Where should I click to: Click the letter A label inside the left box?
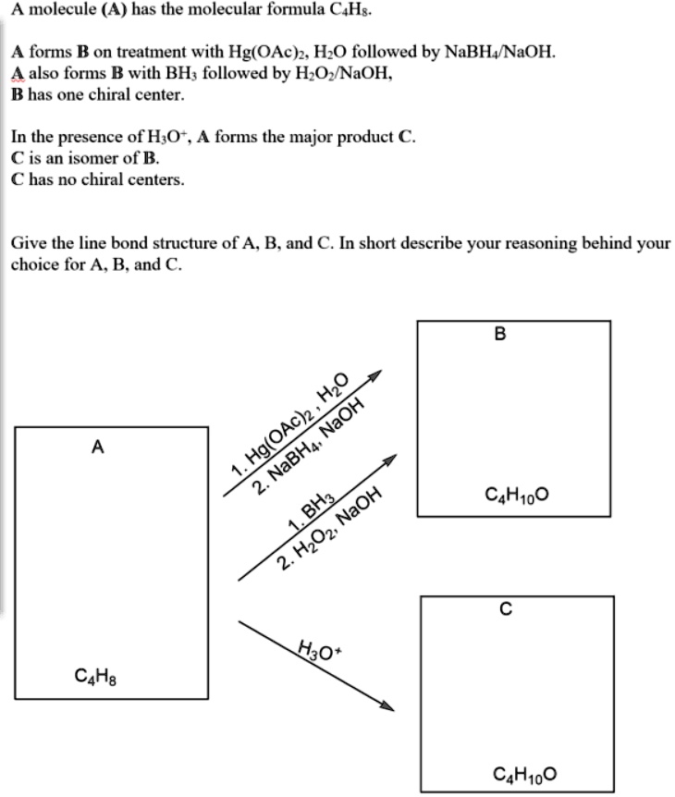tap(97, 448)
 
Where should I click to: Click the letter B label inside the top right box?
tap(500, 334)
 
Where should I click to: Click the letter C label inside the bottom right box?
tap(504, 609)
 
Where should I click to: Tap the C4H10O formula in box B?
tap(516, 495)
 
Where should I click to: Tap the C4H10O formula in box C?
tap(525, 773)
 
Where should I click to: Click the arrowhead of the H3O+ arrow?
tap(388, 707)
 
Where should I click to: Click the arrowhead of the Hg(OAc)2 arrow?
tap(374, 377)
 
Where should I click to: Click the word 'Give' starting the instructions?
tap(28, 243)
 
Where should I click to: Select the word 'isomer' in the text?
tap(90, 158)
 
